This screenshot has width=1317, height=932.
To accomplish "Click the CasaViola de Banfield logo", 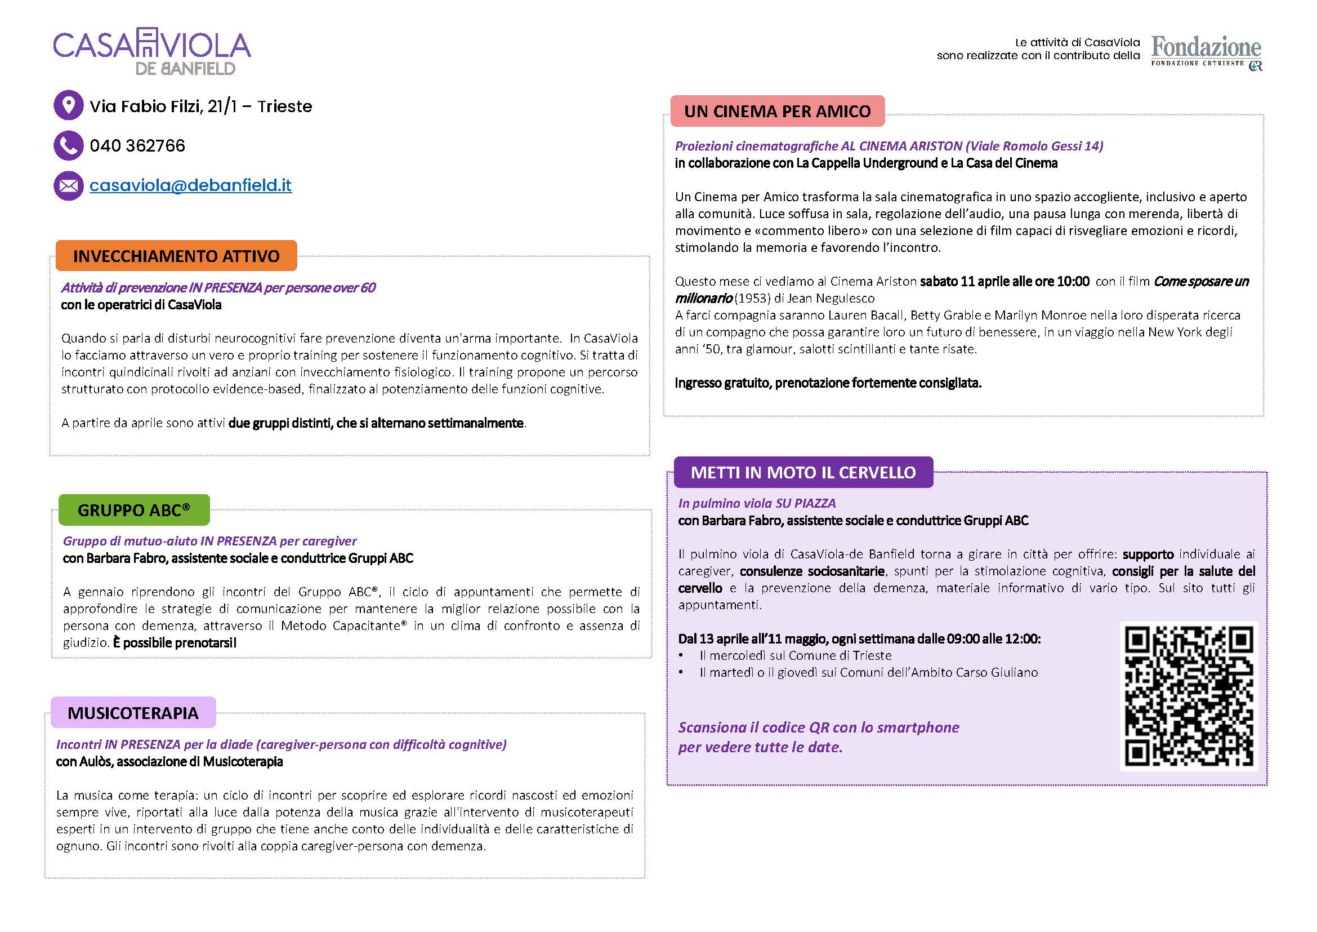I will (x=152, y=52).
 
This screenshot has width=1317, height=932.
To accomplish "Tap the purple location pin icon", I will (x=68, y=105).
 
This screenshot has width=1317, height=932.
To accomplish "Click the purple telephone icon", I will (x=68, y=145).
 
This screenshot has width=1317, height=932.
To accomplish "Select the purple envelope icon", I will (x=68, y=185).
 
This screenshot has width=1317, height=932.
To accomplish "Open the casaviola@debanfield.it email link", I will (x=190, y=185).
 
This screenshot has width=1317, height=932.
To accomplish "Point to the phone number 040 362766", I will (x=137, y=146).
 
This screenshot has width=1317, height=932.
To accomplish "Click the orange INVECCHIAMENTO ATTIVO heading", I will (x=176, y=256).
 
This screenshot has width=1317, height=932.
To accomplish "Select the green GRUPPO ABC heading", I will (x=133, y=510).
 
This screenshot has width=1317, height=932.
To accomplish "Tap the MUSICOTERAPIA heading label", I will (x=133, y=713).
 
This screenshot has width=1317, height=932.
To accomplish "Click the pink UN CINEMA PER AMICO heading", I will (x=777, y=112).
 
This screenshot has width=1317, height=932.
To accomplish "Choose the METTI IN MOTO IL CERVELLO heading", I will (x=803, y=472).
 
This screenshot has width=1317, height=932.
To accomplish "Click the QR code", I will (x=1189, y=696).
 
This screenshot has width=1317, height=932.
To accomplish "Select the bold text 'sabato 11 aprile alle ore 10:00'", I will (x=1005, y=282).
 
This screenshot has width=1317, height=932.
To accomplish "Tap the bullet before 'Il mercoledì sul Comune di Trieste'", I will (x=681, y=656).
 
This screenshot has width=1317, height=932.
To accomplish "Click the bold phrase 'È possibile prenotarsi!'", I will (x=175, y=643).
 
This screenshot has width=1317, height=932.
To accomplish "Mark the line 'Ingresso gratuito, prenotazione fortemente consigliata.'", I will (x=828, y=383).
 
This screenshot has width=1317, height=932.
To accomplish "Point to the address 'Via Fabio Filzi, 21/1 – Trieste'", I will (x=201, y=106).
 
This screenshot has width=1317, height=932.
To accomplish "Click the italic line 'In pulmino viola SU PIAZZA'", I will (x=757, y=503).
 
